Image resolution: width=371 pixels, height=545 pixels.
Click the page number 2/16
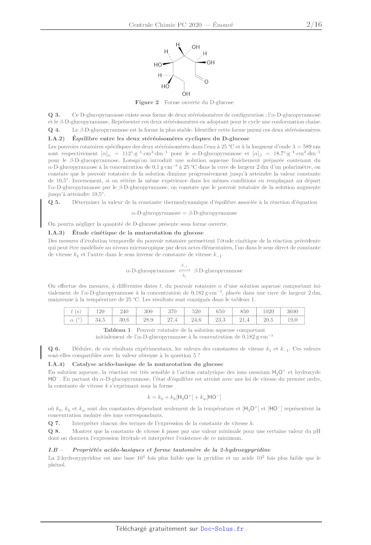point(314,25)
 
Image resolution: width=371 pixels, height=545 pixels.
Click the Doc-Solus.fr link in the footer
point(222,529)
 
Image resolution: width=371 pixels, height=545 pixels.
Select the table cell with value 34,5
point(100,320)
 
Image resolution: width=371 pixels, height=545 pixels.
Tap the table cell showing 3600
point(292,312)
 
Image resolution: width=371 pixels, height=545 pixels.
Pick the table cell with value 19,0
point(292,320)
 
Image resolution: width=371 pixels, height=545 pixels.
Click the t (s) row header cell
point(76,312)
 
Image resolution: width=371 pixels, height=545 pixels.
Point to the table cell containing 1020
point(268,312)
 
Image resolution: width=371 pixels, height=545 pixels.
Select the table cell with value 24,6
point(196,320)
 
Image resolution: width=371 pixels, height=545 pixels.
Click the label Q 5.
point(54,202)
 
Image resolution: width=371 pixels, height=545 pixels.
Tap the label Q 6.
point(54,349)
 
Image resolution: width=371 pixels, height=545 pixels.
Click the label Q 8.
point(54,431)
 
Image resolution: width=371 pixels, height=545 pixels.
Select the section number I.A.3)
point(56,233)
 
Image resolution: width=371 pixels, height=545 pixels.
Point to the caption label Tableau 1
point(117,330)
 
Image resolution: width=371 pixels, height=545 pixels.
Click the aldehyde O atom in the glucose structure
point(206,82)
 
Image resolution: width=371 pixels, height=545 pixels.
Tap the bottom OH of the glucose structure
point(186,94)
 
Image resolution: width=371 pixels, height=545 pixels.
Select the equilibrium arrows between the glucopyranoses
point(184,270)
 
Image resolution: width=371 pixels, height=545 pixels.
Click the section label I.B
point(53,450)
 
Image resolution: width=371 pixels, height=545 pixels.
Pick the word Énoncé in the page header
point(223,25)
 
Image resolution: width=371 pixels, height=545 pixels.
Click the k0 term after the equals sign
point(161,397)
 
